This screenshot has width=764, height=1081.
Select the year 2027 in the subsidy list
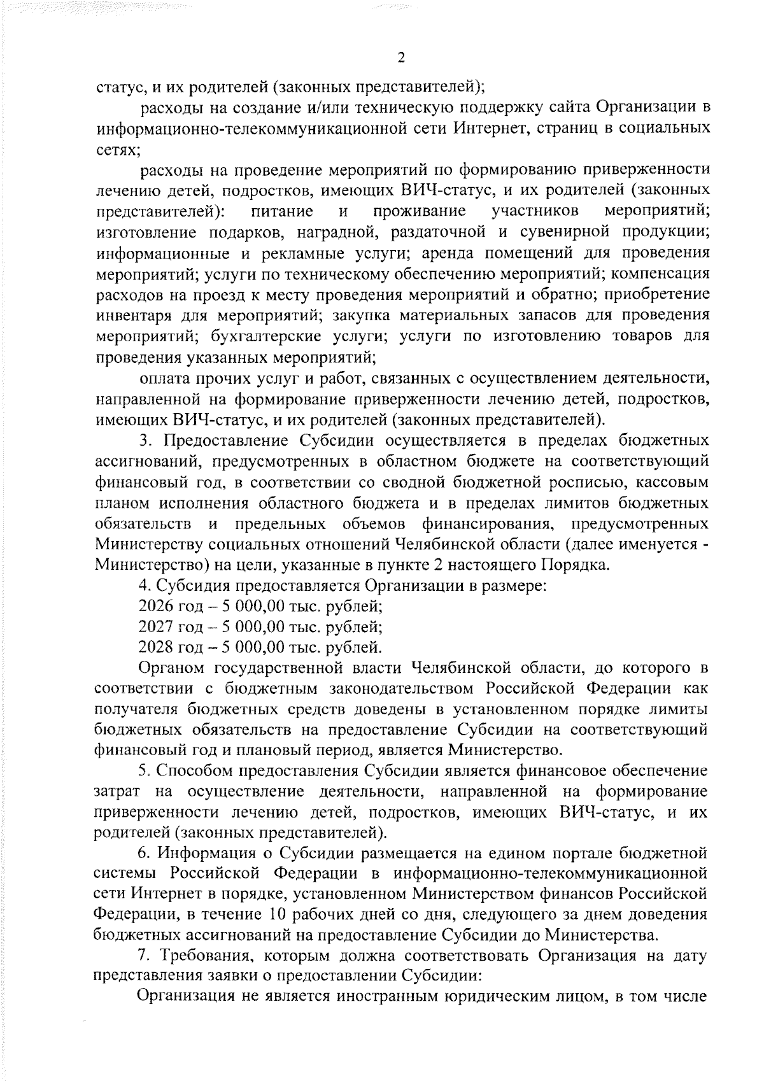coord(155,627)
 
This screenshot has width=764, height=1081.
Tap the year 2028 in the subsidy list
coord(155,648)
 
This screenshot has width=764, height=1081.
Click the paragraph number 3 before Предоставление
coord(144,441)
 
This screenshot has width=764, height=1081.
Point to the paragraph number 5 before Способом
coord(144,771)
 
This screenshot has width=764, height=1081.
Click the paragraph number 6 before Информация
coord(144,853)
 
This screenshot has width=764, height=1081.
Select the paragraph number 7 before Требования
coord(144,956)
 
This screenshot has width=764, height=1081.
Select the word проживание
coord(420,211)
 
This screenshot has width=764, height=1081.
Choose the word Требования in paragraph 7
coord(206,956)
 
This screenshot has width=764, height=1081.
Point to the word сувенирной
coord(565,232)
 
